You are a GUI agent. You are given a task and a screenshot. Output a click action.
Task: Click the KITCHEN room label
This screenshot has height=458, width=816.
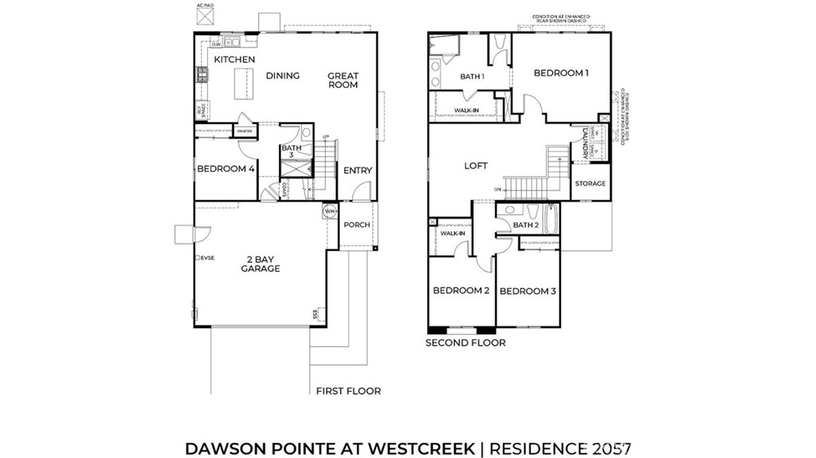click(234, 60)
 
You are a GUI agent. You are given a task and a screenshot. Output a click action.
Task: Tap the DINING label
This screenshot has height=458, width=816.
click(282, 76)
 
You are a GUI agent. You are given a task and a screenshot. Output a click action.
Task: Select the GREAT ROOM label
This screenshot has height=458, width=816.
click(343, 80)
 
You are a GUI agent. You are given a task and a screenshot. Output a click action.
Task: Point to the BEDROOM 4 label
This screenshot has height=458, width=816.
click(226, 169)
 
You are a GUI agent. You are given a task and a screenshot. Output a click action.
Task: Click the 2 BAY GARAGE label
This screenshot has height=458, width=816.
click(261, 264)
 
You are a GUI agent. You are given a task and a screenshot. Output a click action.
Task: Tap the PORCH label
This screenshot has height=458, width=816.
click(356, 225)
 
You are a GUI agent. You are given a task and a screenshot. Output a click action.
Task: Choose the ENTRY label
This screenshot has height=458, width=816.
click(357, 170)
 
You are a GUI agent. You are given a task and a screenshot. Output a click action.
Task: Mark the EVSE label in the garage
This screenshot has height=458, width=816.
click(207, 258)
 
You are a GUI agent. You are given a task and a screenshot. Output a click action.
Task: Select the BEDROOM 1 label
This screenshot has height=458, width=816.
click(561, 73)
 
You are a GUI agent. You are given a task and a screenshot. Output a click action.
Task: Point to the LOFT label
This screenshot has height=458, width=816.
click(476, 166)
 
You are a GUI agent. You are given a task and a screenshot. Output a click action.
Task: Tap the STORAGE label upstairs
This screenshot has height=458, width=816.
click(590, 183)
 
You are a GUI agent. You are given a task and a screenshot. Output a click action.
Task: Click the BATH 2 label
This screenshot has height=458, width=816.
click(527, 225)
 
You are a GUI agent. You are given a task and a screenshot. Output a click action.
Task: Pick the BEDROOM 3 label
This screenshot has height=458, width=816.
click(528, 291)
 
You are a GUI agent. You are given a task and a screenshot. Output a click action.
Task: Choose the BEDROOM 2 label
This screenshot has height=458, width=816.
click(461, 291)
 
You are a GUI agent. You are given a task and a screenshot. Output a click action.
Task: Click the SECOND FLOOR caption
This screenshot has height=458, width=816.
click(465, 343)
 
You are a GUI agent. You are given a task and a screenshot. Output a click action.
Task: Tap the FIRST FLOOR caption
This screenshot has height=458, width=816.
click(348, 391)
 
